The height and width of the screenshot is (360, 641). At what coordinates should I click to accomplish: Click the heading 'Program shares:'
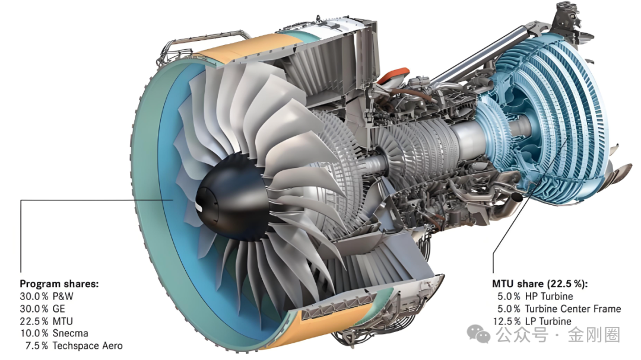[59, 283]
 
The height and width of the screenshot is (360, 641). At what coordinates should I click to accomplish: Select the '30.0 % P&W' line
[47, 297]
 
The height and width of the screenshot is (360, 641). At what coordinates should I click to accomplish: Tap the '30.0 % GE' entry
[43, 308]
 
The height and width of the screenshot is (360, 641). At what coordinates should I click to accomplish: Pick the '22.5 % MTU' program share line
[46, 321]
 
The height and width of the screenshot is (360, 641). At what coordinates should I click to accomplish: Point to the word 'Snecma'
[70, 333]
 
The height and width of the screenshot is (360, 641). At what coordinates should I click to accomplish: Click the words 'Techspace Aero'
[87, 346]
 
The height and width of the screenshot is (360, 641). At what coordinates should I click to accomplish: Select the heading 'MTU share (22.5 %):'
[540, 283]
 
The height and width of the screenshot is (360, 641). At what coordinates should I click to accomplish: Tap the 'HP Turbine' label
[549, 297]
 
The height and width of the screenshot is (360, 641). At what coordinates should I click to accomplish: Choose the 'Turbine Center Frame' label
[573, 308]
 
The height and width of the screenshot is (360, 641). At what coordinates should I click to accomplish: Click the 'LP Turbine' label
[548, 321]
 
